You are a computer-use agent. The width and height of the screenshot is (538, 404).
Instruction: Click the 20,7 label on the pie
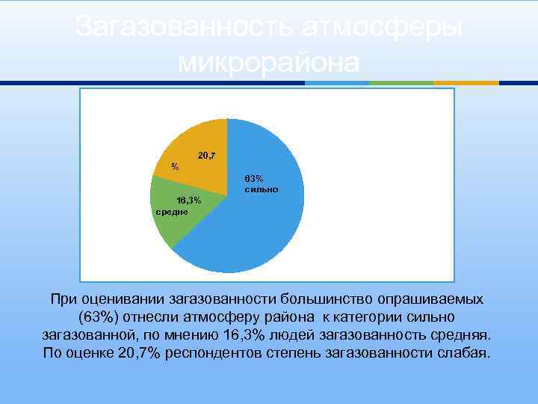click(207, 156)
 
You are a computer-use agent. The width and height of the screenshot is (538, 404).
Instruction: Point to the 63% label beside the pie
click(254, 179)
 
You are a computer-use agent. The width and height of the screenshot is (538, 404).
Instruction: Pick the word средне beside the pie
click(171, 212)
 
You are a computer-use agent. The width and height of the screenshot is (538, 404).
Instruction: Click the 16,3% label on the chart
click(188, 201)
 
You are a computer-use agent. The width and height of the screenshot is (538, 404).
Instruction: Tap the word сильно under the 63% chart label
click(261, 190)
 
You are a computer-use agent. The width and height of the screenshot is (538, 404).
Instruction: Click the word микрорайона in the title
click(269, 62)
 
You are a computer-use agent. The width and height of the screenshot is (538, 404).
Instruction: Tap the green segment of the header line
click(401, 82)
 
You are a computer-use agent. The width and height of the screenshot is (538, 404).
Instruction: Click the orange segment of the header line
click(466, 82)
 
